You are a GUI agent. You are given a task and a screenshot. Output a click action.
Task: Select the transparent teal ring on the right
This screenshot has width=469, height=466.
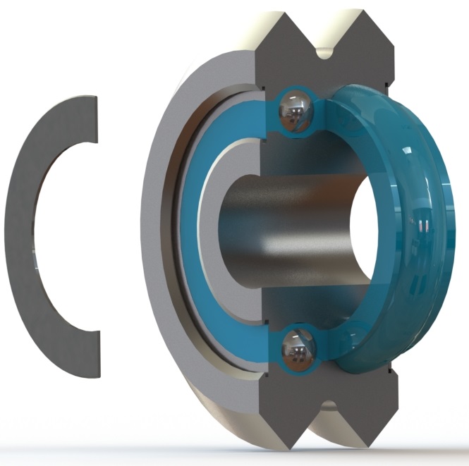click(x=423, y=233)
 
